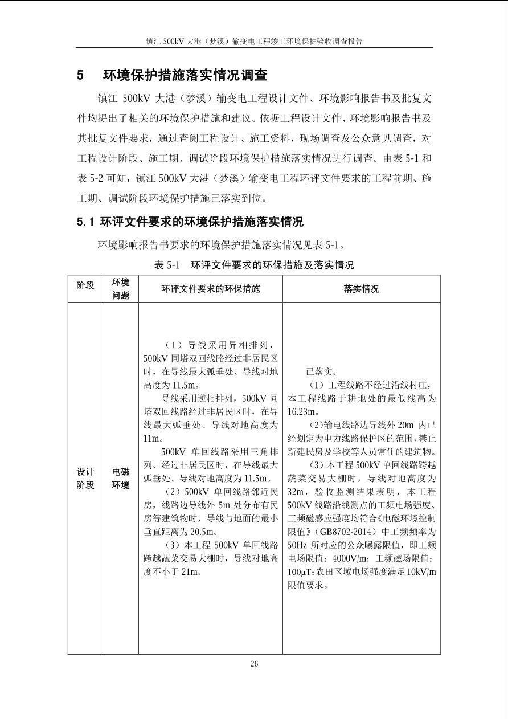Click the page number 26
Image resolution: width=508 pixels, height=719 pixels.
(x=254, y=664)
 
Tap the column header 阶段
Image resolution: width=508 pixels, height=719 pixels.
(x=85, y=285)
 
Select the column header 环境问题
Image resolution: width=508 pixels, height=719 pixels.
(x=121, y=288)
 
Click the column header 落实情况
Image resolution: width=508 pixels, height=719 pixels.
(x=361, y=289)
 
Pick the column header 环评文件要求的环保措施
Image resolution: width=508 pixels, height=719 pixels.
(x=210, y=289)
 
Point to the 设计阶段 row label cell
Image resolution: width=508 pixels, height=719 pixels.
(x=85, y=479)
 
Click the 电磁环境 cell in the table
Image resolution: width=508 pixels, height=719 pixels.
(x=121, y=479)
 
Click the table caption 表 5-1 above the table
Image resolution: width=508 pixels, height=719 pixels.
(x=167, y=265)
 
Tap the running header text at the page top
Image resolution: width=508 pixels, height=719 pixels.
(x=254, y=42)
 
